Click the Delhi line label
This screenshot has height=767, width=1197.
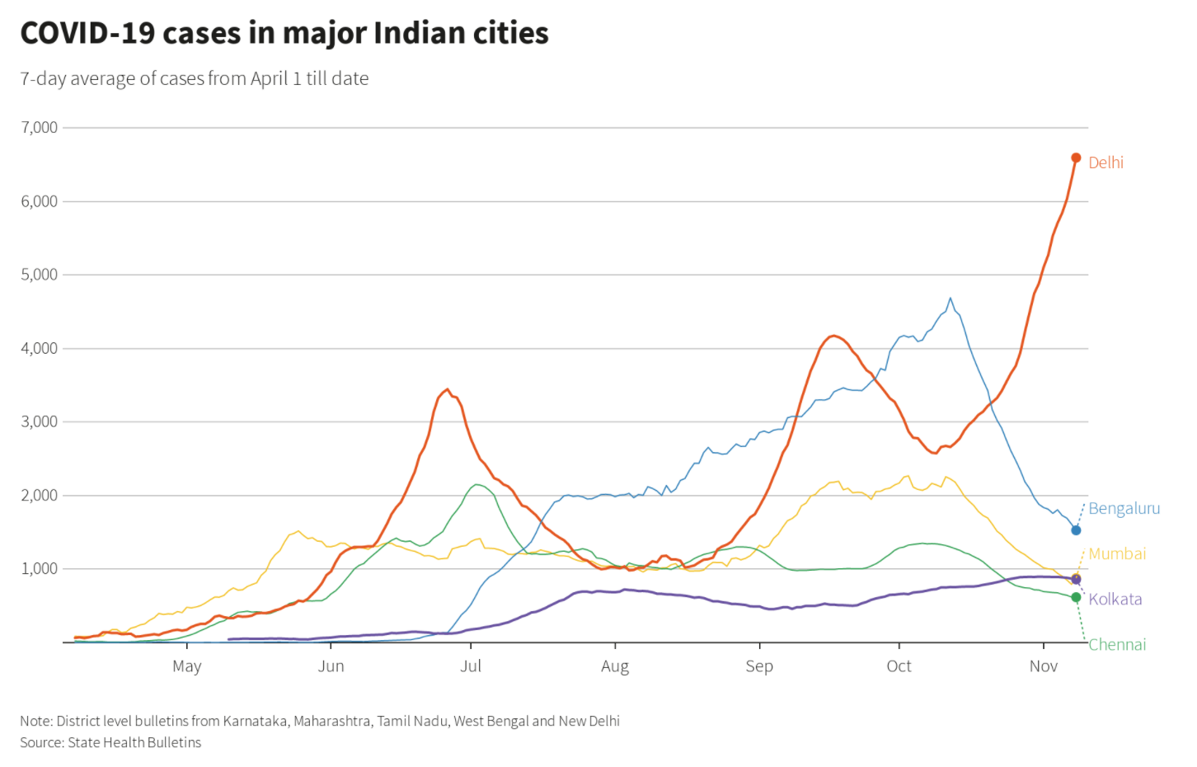point(1105,162)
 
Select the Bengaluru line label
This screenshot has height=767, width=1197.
point(1124,508)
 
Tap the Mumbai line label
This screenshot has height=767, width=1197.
point(1117,553)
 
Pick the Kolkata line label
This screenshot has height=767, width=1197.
point(1115,599)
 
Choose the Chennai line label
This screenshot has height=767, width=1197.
point(1117,644)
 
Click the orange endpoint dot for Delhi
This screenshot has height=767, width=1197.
point(1076,158)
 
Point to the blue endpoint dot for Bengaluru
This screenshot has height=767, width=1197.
point(1076,530)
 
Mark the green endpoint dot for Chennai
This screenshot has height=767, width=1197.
point(1076,597)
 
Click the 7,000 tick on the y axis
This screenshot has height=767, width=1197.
point(40,127)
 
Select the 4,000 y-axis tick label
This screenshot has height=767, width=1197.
point(40,348)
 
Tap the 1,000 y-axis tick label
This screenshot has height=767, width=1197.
point(40,568)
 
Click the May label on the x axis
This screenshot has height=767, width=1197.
point(187,666)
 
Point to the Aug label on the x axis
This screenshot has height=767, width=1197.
point(615,666)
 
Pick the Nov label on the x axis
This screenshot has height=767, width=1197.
point(1043,666)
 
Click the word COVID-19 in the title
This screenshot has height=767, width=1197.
point(87,33)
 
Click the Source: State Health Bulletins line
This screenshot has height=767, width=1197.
point(110,742)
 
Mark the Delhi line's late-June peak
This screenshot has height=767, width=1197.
point(447,389)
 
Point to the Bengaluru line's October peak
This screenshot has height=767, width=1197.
point(951,298)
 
